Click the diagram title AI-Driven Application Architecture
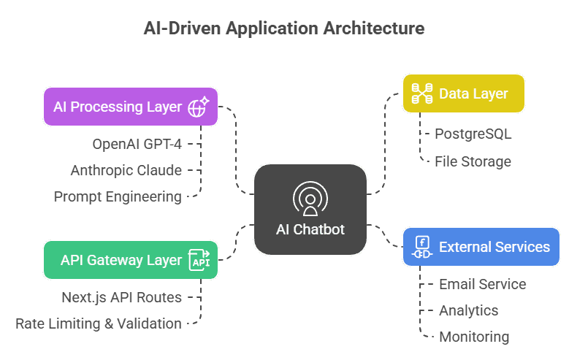(283, 28)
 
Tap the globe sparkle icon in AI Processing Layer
(199, 107)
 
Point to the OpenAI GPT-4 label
(137, 144)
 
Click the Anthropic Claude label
(126, 170)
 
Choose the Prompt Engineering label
(118, 196)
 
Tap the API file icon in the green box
(199, 261)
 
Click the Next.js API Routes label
(121, 297)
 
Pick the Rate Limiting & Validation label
(99, 323)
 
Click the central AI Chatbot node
(310, 210)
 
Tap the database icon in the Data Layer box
(421, 93)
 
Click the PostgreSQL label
(473, 134)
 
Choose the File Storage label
(473, 161)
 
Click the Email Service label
(482, 284)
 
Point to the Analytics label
(468, 310)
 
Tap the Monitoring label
(474, 337)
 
